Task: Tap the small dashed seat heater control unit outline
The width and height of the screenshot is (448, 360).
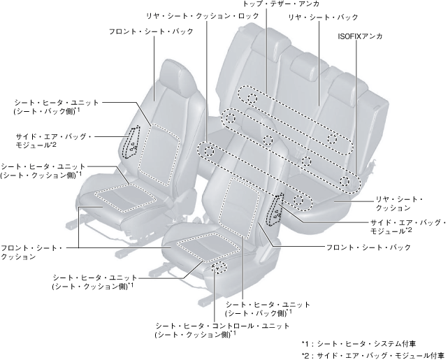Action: [219, 268]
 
